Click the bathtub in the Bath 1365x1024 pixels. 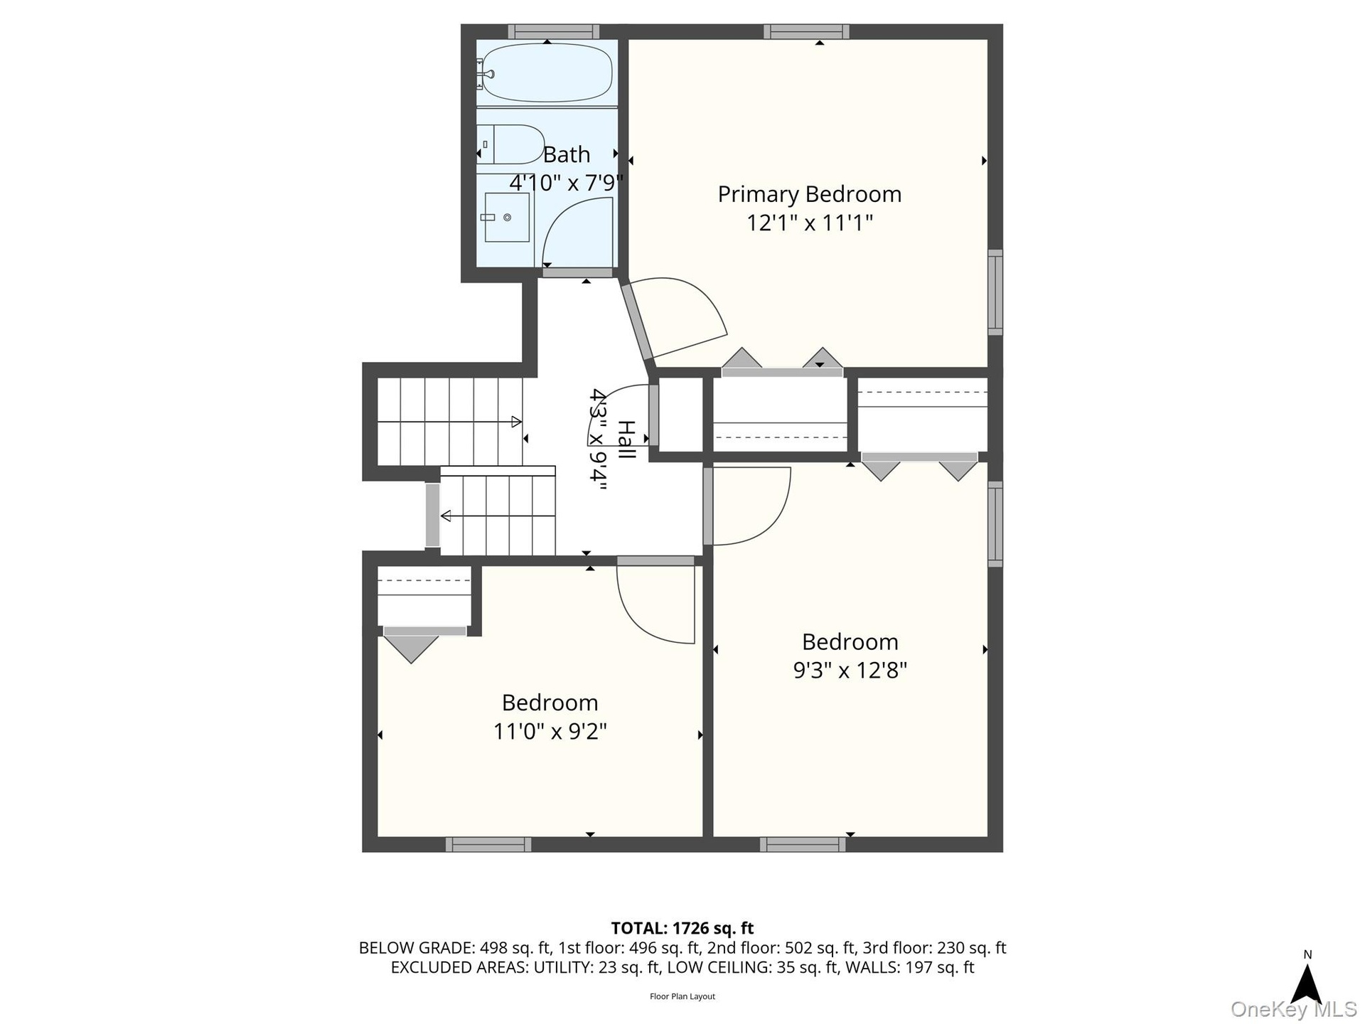pos(546,73)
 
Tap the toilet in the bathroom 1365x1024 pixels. pos(510,144)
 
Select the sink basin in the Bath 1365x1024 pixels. pos(507,217)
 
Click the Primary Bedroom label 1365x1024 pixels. pos(809,194)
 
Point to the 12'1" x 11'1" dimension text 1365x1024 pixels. pos(809,223)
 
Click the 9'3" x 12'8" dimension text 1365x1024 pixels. pos(850,670)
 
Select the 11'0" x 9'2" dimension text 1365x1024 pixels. pos(550,730)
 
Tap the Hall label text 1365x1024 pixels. pos(626,439)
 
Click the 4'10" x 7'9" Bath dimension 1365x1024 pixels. pos(566,183)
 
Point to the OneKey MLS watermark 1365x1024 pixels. pos(1294,1009)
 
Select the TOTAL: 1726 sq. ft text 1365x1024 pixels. pos(682,928)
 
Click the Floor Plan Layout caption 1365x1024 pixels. pos(682,996)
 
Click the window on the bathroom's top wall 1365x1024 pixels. pos(553,32)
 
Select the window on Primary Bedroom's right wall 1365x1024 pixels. pos(995,292)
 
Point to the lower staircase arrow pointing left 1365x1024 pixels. pos(498,516)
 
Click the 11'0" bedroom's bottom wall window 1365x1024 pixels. pos(488,844)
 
